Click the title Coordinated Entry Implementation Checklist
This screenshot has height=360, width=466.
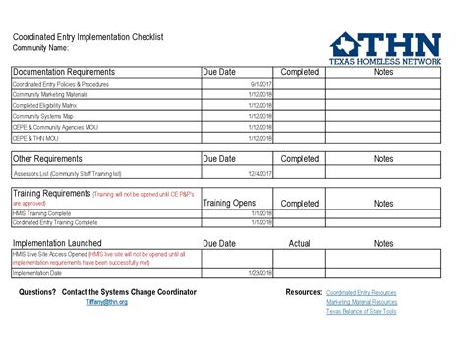pos(87,37)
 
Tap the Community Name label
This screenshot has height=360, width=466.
pos(40,47)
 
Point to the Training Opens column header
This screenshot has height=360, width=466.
pos(229,202)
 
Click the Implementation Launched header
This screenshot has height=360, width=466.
pos(57,243)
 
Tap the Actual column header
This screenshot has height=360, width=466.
pos(300,243)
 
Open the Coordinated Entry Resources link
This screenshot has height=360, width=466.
pos(362,293)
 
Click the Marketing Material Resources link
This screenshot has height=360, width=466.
pos(362,302)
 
